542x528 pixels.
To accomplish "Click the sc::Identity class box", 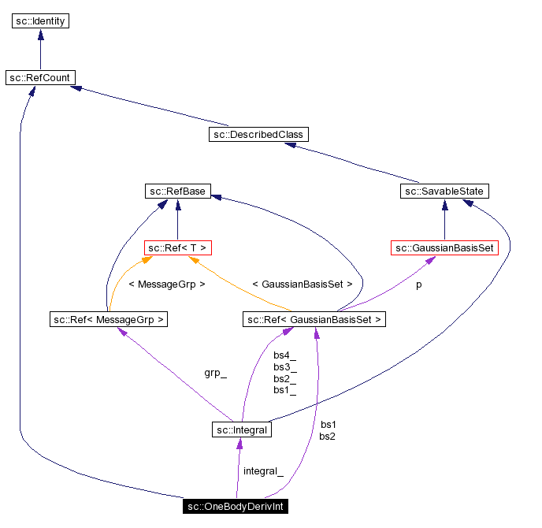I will (40, 20).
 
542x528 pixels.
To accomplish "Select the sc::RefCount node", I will (40, 77).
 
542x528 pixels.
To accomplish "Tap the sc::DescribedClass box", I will (258, 134).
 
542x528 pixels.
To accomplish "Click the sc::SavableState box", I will (445, 191).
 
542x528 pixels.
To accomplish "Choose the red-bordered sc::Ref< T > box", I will (178, 247).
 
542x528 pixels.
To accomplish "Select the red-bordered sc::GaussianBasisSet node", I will (445, 247).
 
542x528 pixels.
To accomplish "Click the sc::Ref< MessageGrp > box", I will (108, 319).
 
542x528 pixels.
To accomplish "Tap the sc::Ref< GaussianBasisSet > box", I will (314, 319).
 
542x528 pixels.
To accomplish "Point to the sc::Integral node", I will (242, 429).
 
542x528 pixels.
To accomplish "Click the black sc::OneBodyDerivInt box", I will (235, 506).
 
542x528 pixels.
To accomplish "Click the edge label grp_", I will (215, 373).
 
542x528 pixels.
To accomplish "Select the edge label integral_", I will (262, 470).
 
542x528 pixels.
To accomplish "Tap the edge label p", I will (418, 284).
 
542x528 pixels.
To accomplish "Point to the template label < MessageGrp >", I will (166, 284).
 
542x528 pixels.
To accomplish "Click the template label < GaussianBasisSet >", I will (302, 284).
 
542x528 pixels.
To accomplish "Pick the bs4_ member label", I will (284, 355).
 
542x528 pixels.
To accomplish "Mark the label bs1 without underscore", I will (328, 424).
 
